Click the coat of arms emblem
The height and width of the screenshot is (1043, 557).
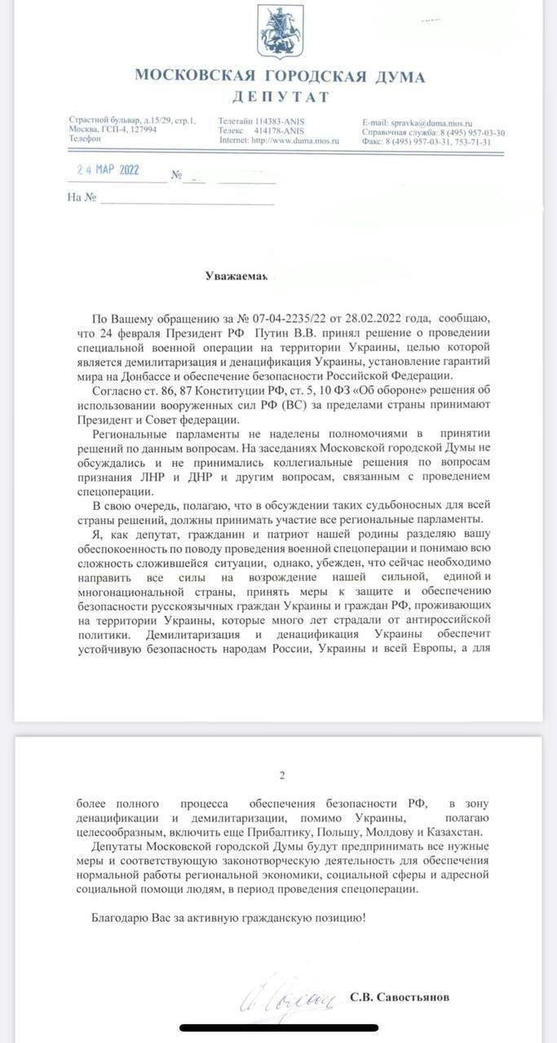[281, 32]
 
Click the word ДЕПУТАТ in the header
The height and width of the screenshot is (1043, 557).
[281, 97]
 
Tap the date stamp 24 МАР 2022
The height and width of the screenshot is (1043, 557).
[108, 170]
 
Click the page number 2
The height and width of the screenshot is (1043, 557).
[281, 776]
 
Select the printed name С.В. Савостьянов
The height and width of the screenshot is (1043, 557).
[399, 997]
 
